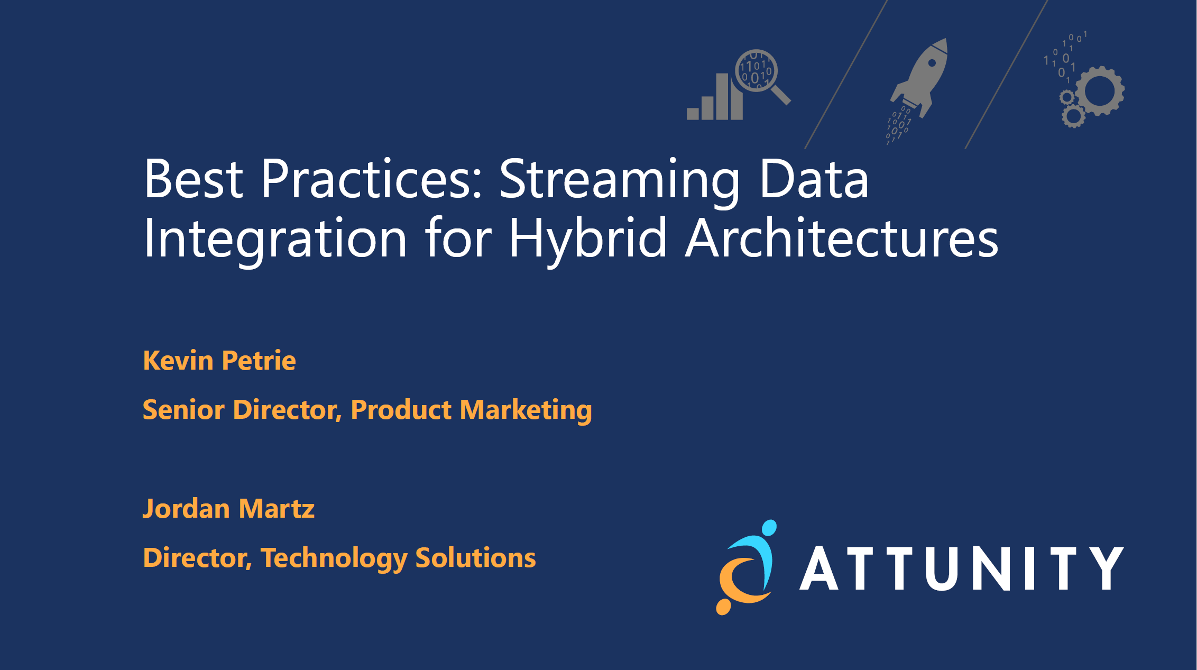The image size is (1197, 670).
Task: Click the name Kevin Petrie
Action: click(219, 361)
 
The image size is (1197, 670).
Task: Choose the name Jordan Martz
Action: click(228, 509)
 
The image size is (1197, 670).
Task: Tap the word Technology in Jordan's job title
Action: click(334, 559)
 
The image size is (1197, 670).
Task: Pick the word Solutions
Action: click(475, 558)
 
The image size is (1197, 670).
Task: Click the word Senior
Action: click(183, 410)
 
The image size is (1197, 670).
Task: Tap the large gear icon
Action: click(1100, 91)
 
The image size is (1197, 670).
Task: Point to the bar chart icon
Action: click(714, 97)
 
